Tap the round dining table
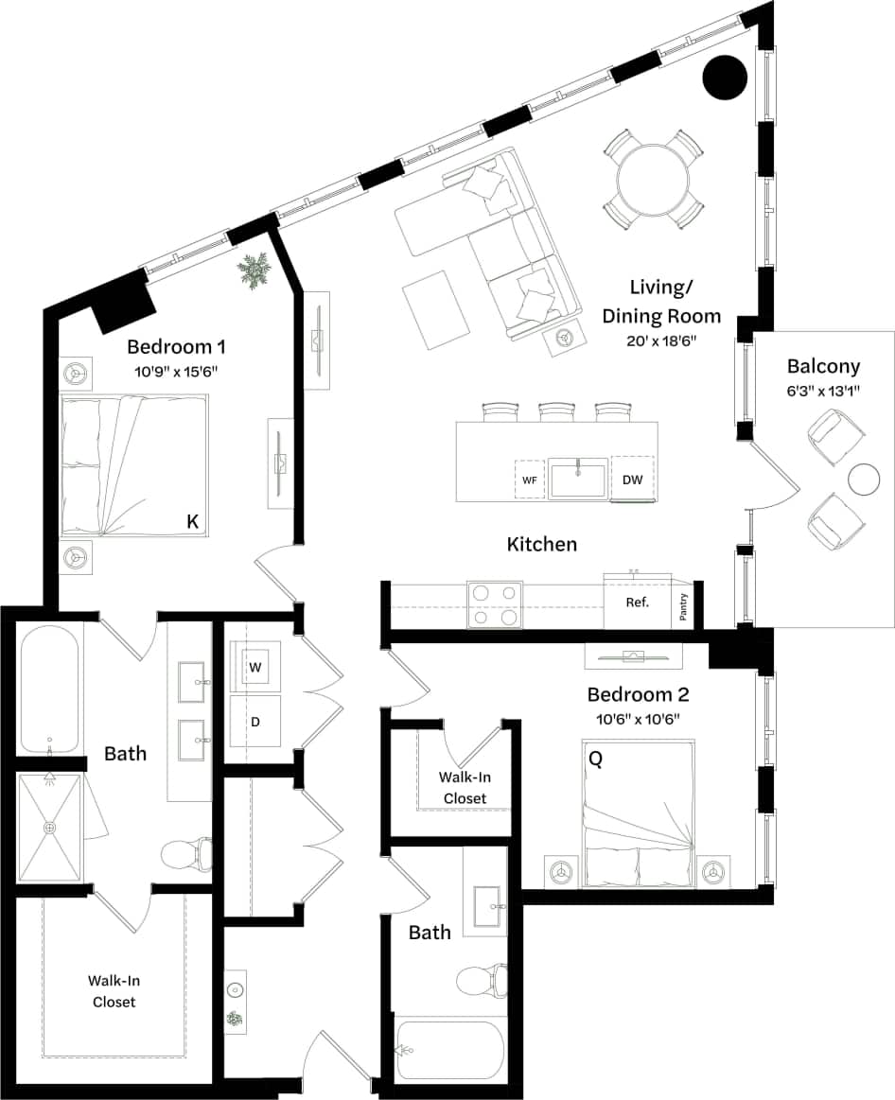click(x=653, y=180)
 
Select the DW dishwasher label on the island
click(x=633, y=480)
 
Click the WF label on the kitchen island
click(x=530, y=480)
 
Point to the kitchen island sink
click(x=578, y=479)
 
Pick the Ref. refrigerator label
click(x=638, y=602)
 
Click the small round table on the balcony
click(x=864, y=480)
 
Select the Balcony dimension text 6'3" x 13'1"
click(x=823, y=390)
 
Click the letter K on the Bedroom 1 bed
click(x=192, y=521)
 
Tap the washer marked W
click(x=254, y=667)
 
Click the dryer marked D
click(x=254, y=721)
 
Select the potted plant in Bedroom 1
click(x=254, y=271)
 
